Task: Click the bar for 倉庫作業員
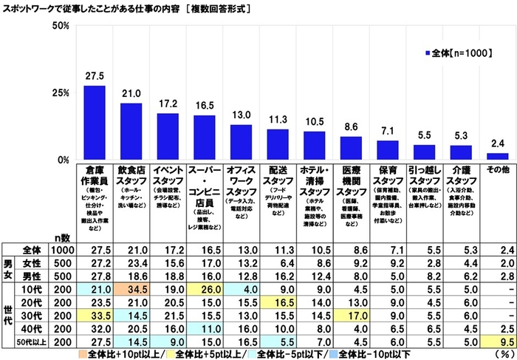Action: [x=94, y=123]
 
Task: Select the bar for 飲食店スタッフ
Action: [x=131, y=132]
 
